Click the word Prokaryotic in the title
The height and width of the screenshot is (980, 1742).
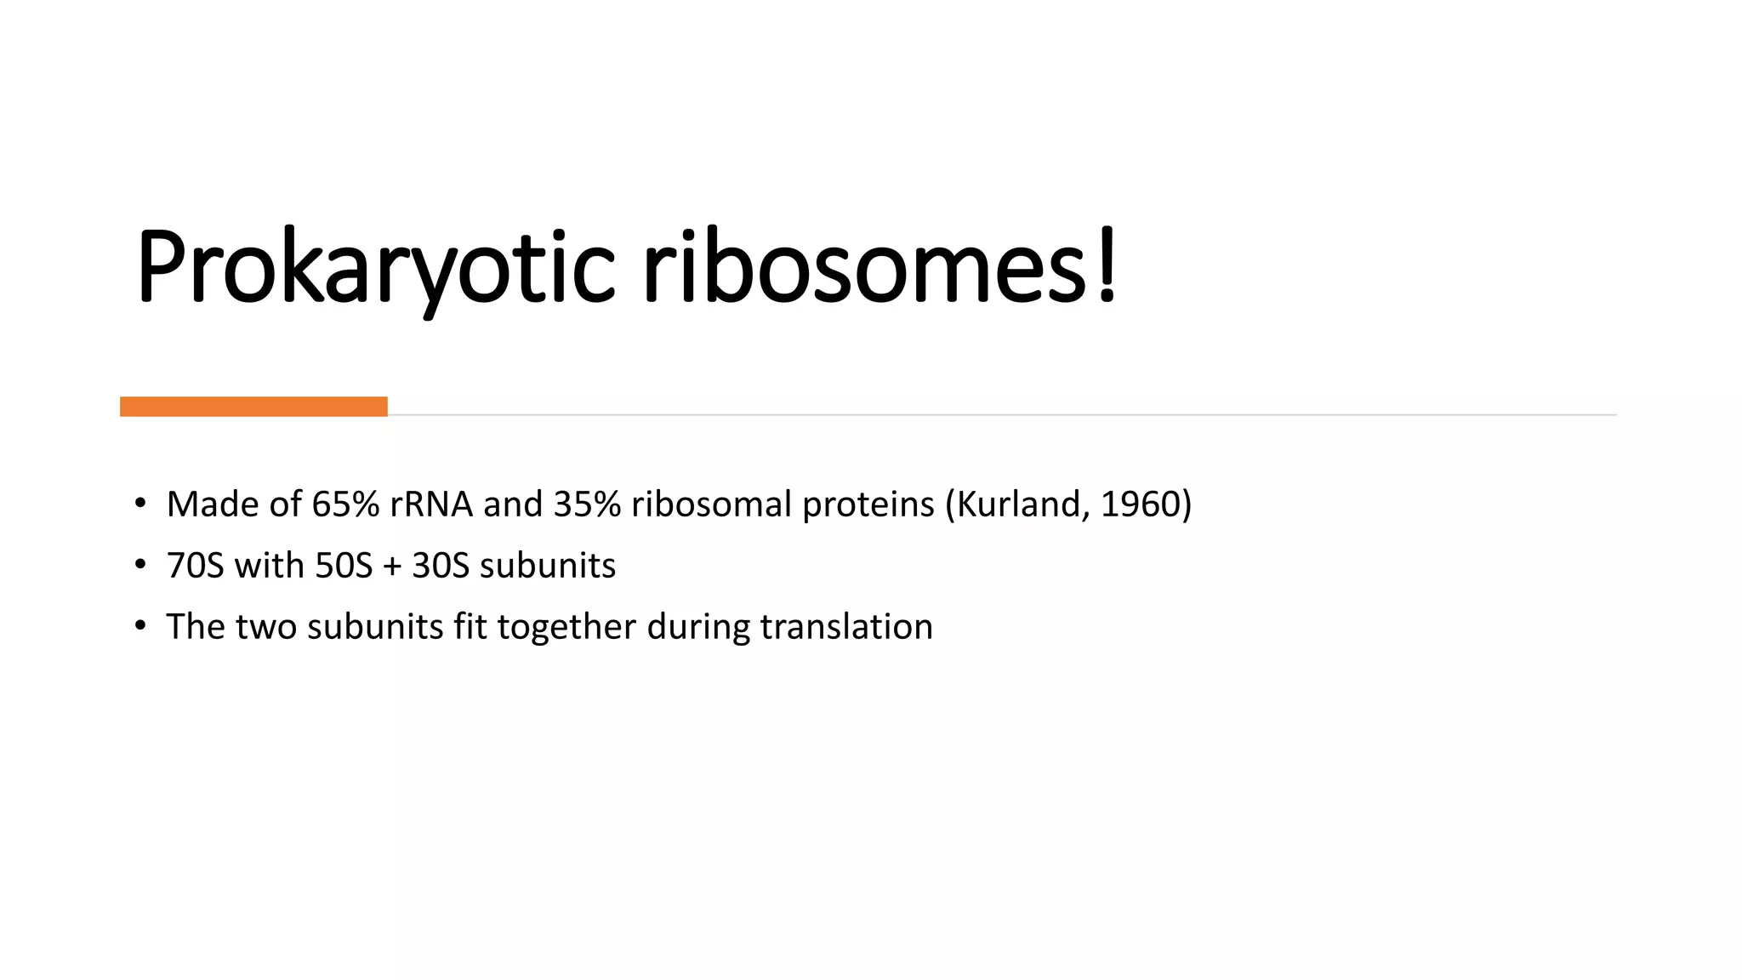point(374,268)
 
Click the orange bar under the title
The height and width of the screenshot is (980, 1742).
point(253,407)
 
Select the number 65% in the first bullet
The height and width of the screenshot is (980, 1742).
point(345,504)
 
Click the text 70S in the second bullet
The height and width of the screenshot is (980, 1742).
point(195,566)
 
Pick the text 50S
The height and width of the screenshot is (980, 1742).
point(344,566)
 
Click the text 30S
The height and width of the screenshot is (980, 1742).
point(441,566)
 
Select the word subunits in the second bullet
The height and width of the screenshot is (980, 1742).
point(548,566)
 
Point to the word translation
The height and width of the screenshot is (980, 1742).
point(846,627)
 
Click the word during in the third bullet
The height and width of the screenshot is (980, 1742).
point(697,628)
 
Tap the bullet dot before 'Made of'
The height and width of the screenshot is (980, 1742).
point(140,504)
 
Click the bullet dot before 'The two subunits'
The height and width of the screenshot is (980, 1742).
point(140,626)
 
